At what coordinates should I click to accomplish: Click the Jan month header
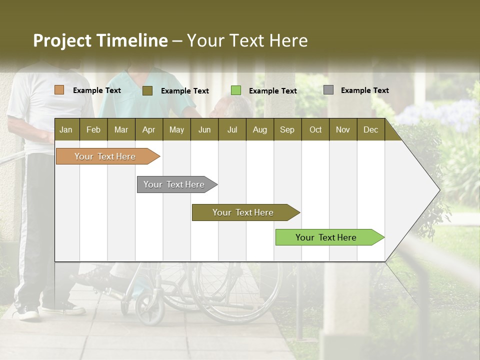click(66, 130)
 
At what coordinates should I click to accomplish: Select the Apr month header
click(148, 130)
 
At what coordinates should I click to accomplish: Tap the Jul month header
click(232, 130)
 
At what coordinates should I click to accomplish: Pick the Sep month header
click(287, 130)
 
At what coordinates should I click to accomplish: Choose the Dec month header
click(370, 130)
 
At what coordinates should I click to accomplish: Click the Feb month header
click(93, 130)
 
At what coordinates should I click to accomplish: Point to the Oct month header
click(315, 130)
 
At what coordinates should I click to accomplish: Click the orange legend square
click(59, 90)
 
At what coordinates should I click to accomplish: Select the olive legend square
click(147, 90)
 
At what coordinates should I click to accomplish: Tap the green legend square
click(236, 90)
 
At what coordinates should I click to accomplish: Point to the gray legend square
click(328, 90)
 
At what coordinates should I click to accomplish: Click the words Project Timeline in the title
click(100, 40)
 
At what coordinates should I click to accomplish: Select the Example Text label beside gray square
click(364, 90)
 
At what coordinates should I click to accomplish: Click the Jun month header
click(204, 130)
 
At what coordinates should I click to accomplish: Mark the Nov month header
click(342, 130)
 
